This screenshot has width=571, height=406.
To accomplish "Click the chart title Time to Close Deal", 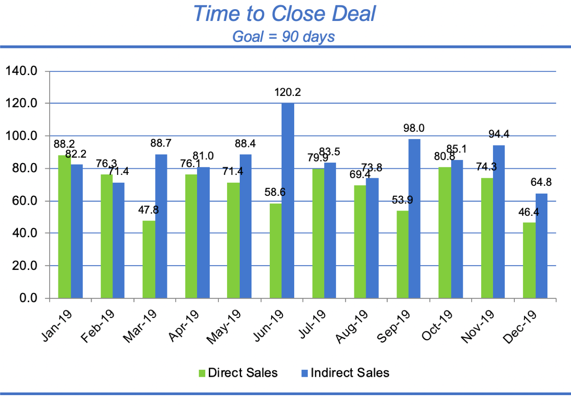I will click(284, 14).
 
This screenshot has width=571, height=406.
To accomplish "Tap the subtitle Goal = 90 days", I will click(283, 36).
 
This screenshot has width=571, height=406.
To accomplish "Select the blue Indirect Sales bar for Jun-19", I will click(288, 201).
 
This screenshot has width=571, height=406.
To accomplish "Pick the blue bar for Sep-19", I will click(415, 218).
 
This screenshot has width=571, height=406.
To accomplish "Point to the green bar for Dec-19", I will click(529, 260).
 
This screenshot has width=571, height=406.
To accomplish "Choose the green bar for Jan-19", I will click(65, 227).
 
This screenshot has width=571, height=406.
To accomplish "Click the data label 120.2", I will click(287, 92).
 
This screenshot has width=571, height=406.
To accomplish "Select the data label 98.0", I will click(414, 128).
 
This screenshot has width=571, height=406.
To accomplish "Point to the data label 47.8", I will click(149, 210).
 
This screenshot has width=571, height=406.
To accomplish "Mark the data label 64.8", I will click(541, 182).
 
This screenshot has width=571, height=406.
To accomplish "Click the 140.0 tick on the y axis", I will click(21, 71).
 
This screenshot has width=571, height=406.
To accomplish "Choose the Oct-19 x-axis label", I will click(437, 325).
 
